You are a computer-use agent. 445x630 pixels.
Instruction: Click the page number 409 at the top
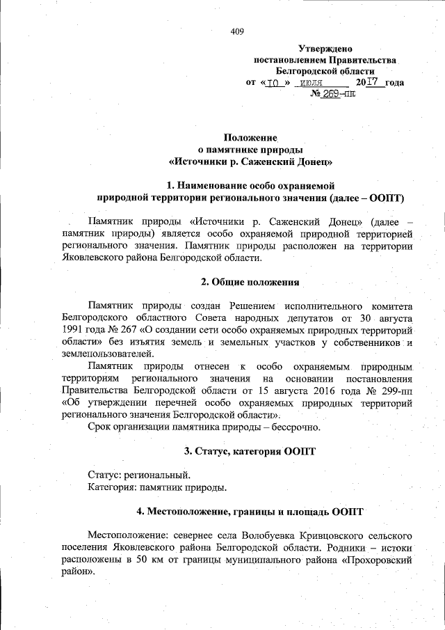237,31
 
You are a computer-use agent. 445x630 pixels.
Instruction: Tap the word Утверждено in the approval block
325,49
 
